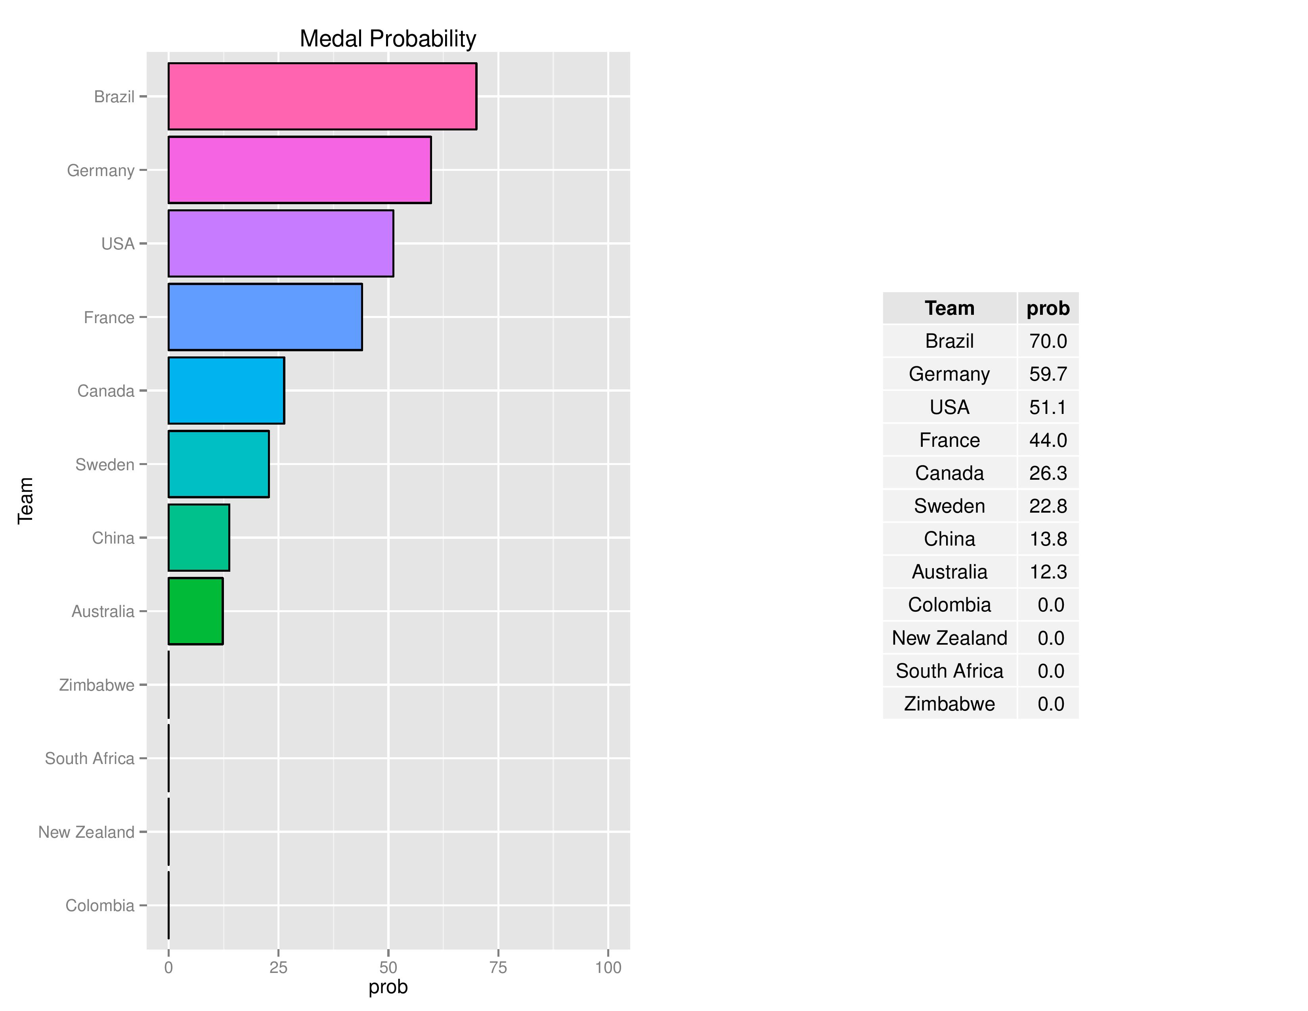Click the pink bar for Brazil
tap(322, 96)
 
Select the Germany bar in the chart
tap(299, 170)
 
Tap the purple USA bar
tap(281, 243)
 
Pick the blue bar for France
tap(265, 317)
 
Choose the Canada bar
tap(226, 391)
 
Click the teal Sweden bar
tap(219, 464)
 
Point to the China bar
tap(199, 538)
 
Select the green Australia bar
tap(196, 611)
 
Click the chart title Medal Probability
tap(388, 39)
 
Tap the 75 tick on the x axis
tap(498, 967)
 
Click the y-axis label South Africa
tap(90, 758)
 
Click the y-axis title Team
tap(25, 501)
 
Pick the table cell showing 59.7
tap(1048, 374)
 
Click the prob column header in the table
tap(1048, 308)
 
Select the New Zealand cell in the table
tap(949, 638)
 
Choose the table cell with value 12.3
tap(1048, 572)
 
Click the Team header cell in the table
tap(949, 308)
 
